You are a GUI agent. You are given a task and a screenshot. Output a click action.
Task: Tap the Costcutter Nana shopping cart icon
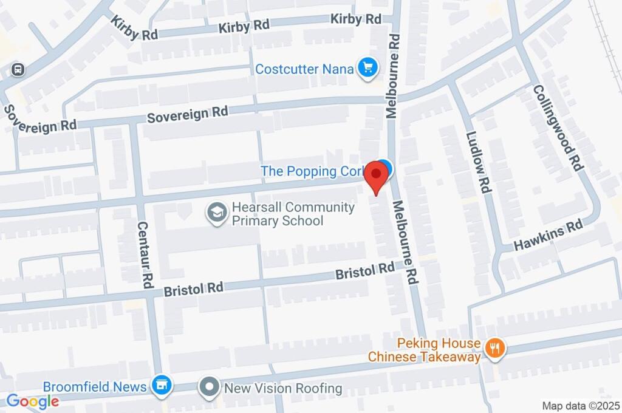tap(367, 69)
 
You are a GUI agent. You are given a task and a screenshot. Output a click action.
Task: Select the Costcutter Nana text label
tap(304, 69)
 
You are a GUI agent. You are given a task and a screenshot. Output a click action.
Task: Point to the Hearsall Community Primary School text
tap(293, 214)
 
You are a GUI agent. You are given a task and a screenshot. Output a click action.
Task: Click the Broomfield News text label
tap(95, 387)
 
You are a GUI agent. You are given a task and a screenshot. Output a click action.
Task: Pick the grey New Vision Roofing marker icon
tap(210, 386)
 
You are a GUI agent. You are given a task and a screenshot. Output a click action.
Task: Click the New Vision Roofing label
tap(283, 388)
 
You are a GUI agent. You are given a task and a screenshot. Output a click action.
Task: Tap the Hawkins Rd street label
tap(548, 236)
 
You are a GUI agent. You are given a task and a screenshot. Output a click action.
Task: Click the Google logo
tap(33, 401)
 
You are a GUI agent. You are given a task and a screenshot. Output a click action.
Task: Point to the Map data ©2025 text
tap(580, 405)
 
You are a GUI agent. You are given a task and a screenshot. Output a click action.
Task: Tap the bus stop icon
tap(19, 69)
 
